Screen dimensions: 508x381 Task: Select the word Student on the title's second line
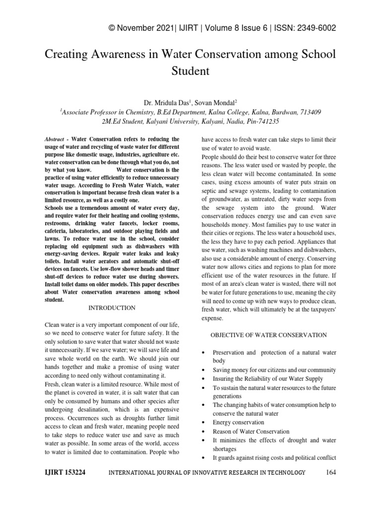(x=190, y=71)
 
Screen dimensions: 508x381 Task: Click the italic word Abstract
(x=54, y=140)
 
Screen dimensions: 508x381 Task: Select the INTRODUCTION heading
(x=112, y=308)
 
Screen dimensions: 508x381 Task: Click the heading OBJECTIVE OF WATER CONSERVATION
(x=268, y=335)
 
